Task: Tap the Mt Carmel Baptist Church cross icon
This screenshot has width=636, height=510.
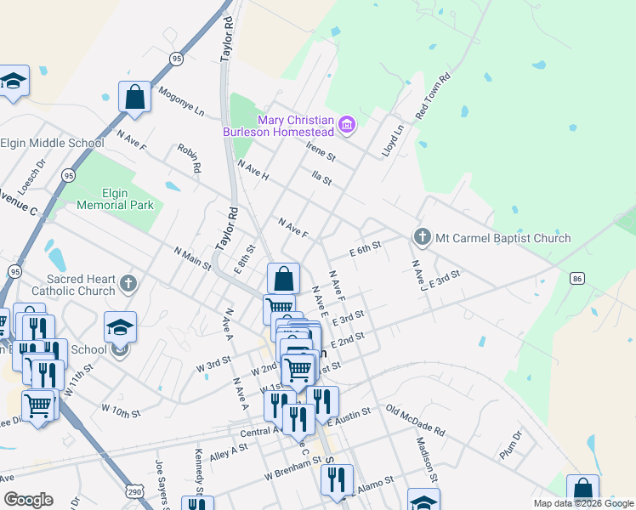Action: (421, 236)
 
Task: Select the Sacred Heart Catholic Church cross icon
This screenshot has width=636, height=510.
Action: (128, 282)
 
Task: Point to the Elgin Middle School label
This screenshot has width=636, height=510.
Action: (52, 143)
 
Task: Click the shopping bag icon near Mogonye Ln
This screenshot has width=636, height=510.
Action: (135, 98)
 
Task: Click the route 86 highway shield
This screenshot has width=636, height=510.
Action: (578, 278)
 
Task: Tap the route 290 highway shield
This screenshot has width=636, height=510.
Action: (133, 491)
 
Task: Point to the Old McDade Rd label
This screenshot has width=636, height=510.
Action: (415, 420)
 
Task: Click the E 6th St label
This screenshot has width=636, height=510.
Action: (366, 249)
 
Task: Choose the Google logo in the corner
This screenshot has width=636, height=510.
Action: (28, 499)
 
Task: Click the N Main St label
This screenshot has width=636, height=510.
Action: (192, 258)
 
